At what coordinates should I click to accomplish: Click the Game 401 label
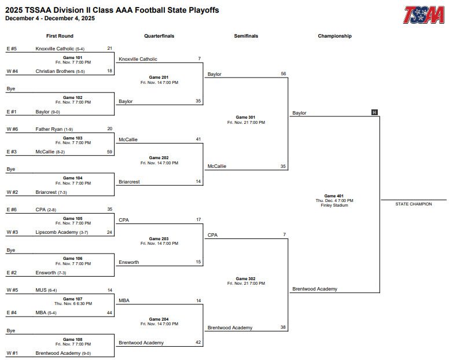(x=334, y=196)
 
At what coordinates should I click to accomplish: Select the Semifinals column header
(x=246, y=36)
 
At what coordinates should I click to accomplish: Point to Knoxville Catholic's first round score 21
(x=110, y=49)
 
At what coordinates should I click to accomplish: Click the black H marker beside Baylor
(x=374, y=112)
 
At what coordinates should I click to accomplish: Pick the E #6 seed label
(x=12, y=210)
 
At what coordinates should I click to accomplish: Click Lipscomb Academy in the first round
(x=56, y=232)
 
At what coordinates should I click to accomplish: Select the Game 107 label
(x=73, y=299)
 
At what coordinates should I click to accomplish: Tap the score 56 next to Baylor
(x=283, y=74)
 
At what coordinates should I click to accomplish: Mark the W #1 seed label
(x=12, y=353)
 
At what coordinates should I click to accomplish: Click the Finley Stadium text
(x=334, y=205)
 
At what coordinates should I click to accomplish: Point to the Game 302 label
(x=246, y=279)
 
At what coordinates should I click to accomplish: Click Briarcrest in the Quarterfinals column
(x=129, y=182)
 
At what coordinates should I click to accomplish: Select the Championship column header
(x=334, y=36)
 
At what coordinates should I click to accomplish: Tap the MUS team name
(x=40, y=290)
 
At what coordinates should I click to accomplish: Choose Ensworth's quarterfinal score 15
(x=198, y=262)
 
